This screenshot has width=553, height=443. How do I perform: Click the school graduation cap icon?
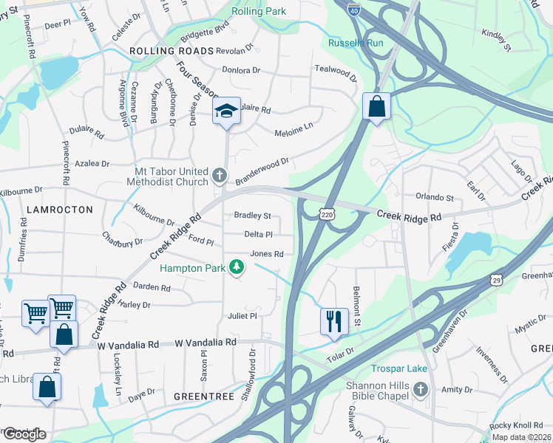(x=227, y=111)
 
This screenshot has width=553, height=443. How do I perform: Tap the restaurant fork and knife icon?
(x=334, y=320)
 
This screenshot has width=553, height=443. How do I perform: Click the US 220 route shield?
(x=328, y=213)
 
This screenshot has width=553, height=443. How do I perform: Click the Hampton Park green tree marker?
(x=236, y=267)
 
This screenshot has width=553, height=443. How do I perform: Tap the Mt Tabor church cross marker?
(x=220, y=176)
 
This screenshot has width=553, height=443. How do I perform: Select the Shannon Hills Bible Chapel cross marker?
(x=421, y=388)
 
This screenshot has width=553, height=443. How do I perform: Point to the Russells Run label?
(x=356, y=43)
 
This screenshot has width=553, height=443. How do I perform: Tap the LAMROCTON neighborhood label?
(x=60, y=210)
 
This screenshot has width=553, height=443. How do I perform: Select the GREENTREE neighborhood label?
(x=203, y=396)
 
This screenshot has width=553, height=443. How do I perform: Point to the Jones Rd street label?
(x=267, y=254)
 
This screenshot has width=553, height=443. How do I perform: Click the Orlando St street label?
(x=434, y=198)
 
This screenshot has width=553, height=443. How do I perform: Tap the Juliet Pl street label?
(x=242, y=316)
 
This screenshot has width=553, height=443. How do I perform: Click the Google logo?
(x=24, y=434)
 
